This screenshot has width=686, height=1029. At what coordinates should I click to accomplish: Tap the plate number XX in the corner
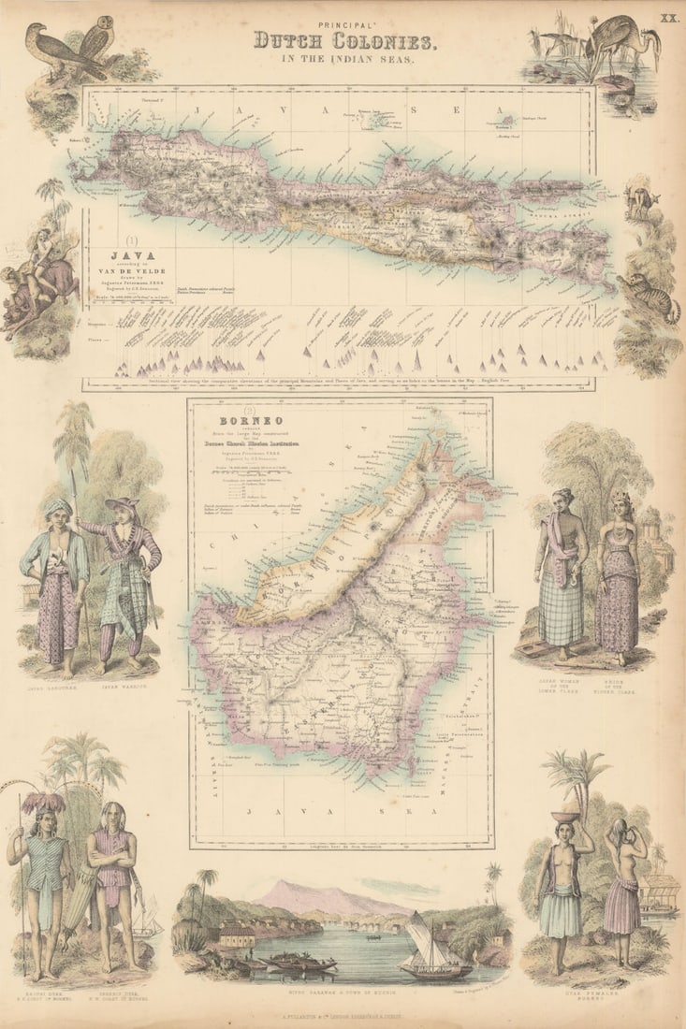668,18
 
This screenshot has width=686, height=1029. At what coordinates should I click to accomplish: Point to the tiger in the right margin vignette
659,301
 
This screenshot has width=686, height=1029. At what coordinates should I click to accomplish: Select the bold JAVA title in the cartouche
127,254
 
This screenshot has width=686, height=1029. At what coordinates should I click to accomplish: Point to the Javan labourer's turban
57,508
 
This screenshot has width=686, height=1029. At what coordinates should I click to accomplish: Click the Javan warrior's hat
122,503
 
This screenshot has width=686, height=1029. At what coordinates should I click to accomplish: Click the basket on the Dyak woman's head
563,817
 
